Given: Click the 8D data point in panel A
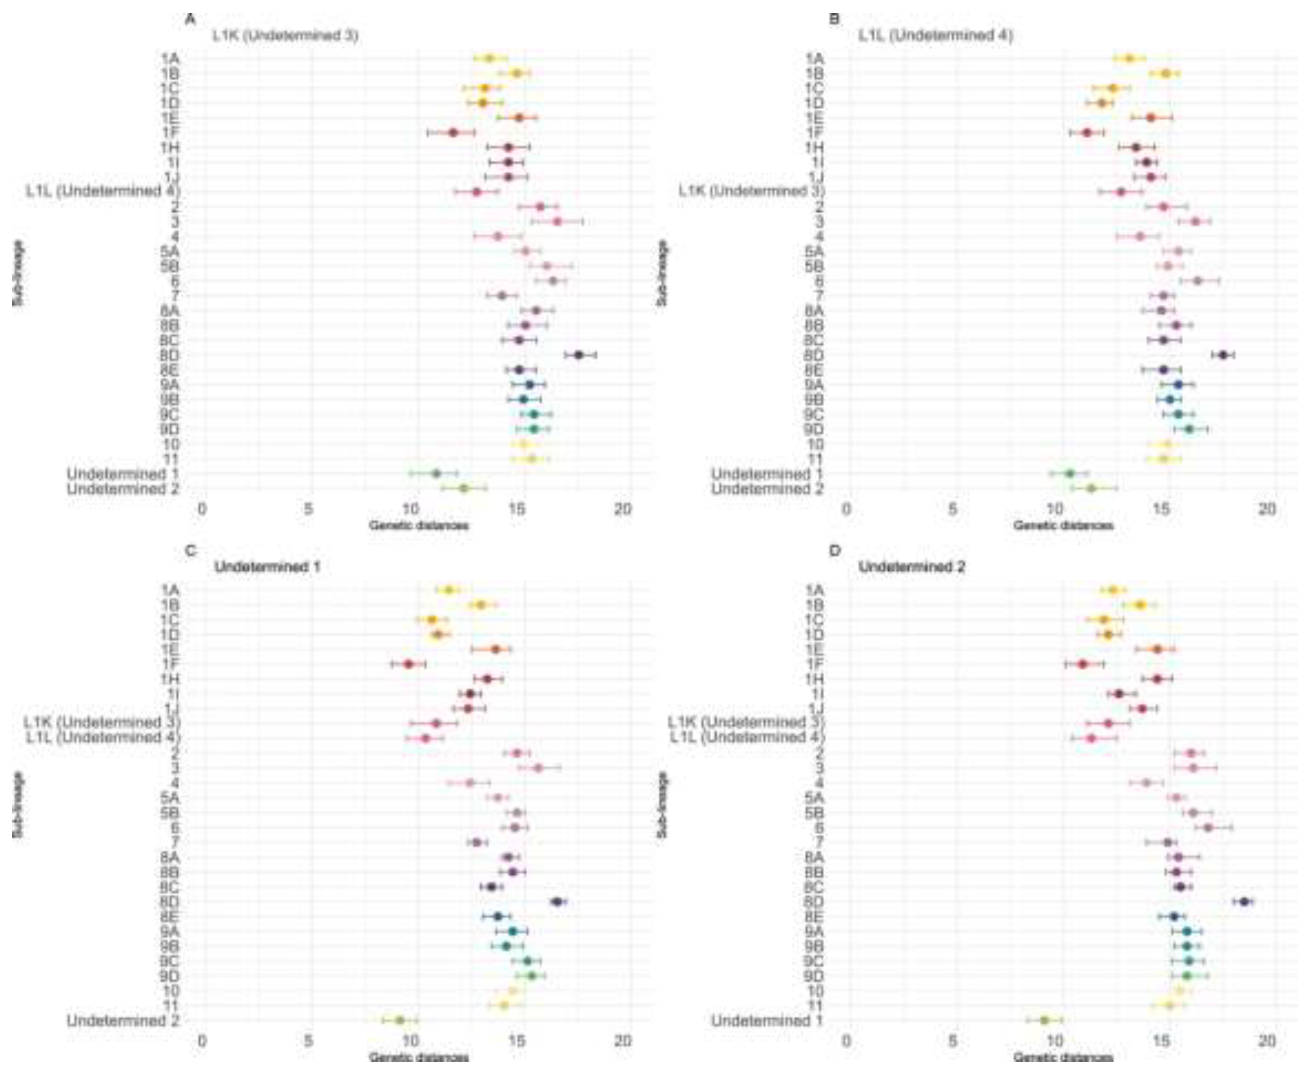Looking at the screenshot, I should coord(578,355).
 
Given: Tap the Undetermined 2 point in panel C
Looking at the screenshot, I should coord(400,1020).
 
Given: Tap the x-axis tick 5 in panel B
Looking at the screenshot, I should coord(953,510).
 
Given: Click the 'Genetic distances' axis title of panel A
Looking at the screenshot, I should coord(419,525).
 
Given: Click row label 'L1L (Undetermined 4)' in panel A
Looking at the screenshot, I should coord(103,191).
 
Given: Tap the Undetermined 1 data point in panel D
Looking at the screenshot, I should coord(1044,1020).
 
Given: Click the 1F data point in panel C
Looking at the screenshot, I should coord(408,664).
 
